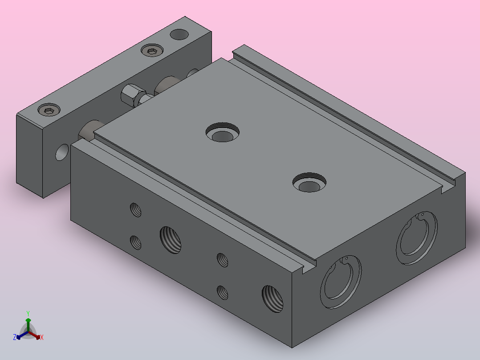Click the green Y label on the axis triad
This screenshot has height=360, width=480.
(x=28, y=314)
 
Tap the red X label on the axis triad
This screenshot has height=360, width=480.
(x=42, y=337)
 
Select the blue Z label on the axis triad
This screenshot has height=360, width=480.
(x=15, y=337)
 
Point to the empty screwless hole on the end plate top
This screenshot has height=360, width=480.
(x=179, y=34)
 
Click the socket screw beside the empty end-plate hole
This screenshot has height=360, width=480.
(x=152, y=50)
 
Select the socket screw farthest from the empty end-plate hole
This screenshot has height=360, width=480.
(x=49, y=110)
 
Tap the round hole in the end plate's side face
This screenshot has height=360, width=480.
(x=62, y=152)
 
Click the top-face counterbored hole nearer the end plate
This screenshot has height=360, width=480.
(x=223, y=132)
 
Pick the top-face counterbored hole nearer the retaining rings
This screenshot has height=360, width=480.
(x=309, y=183)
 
